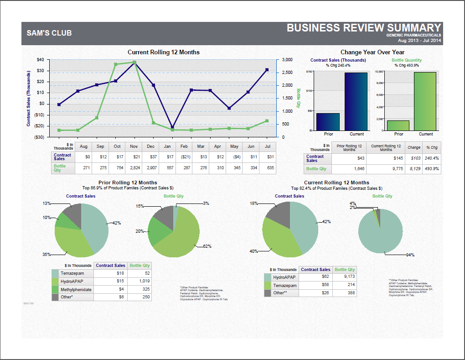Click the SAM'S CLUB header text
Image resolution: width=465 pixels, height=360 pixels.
[x=49, y=33]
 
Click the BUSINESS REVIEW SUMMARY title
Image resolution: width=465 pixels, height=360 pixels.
[x=364, y=27]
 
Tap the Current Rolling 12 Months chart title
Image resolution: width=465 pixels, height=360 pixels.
[x=163, y=52]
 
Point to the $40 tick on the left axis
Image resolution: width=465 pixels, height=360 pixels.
[x=40, y=60]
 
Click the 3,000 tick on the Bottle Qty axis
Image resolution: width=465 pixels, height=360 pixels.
[x=287, y=60]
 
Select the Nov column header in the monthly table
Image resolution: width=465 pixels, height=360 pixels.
[x=134, y=146]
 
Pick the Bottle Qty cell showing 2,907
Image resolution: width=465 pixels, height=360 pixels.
[x=150, y=168]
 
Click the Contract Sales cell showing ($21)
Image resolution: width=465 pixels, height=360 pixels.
[x=184, y=157]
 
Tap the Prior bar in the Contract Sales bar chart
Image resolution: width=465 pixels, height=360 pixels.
[x=328, y=122]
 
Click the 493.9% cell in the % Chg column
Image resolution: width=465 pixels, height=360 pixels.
[x=431, y=169]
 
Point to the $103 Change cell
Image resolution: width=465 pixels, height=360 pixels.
[x=413, y=158]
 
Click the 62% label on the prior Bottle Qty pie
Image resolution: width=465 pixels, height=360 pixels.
[x=207, y=246]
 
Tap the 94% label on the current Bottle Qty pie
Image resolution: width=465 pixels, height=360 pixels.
[x=410, y=255]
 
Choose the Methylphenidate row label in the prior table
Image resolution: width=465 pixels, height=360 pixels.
[x=77, y=289]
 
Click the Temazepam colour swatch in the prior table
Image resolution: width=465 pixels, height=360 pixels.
[x=55, y=273]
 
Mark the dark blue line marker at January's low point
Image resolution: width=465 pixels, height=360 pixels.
[x=172, y=127]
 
